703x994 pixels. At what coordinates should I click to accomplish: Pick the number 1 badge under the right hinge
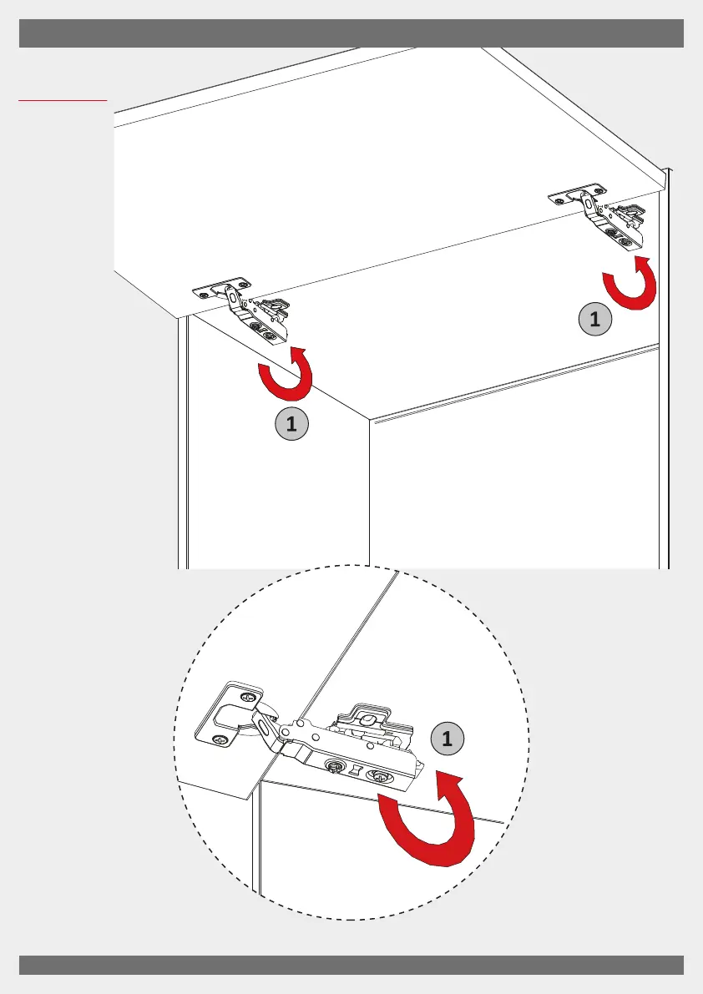point(594,319)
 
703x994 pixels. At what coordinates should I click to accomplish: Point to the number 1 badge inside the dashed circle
point(448,739)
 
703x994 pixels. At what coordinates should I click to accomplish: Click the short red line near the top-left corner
point(63,100)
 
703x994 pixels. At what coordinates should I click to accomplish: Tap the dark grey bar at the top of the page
point(351,34)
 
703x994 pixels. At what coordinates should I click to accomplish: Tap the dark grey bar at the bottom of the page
point(351,964)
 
